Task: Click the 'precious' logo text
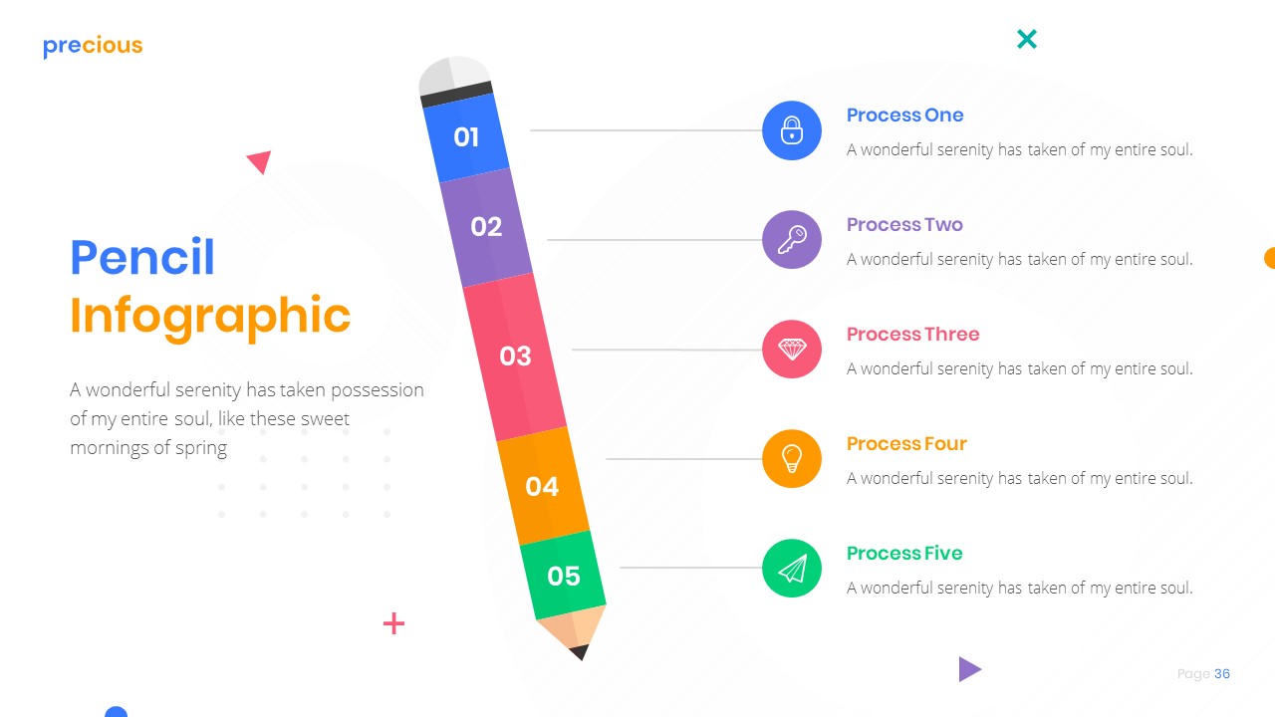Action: click(93, 46)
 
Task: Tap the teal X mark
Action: click(1027, 39)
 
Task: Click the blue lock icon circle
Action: click(792, 130)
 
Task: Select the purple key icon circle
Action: click(792, 240)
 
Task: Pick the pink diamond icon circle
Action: click(792, 350)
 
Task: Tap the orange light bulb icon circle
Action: click(792, 459)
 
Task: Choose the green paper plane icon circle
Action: click(792, 569)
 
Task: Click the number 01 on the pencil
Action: click(466, 137)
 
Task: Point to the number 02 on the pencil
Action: click(486, 227)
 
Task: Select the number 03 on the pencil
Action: click(515, 356)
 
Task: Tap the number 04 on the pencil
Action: click(542, 486)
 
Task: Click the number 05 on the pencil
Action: click(564, 576)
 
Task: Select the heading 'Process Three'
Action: click(912, 335)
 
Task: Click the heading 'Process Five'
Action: click(904, 554)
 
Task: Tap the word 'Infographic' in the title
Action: click(210, 315)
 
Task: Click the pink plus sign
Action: click(394, 624)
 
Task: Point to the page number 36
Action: click(1222, 674)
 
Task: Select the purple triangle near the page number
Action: click(968, 669)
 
